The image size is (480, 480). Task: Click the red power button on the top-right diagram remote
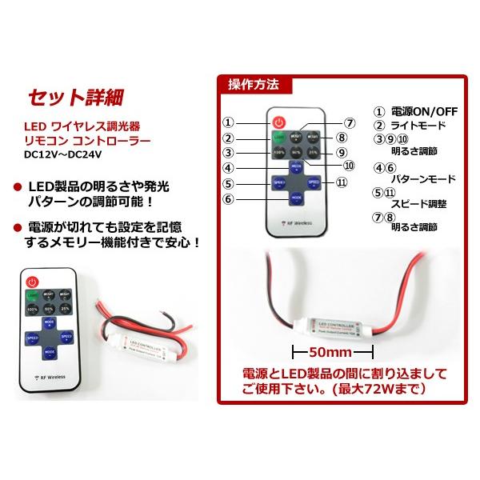click(278, 123)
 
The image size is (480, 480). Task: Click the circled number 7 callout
click(349, 123)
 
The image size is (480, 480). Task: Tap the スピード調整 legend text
click(425, 204)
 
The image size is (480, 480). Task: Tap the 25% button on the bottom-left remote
click(66, 308)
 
